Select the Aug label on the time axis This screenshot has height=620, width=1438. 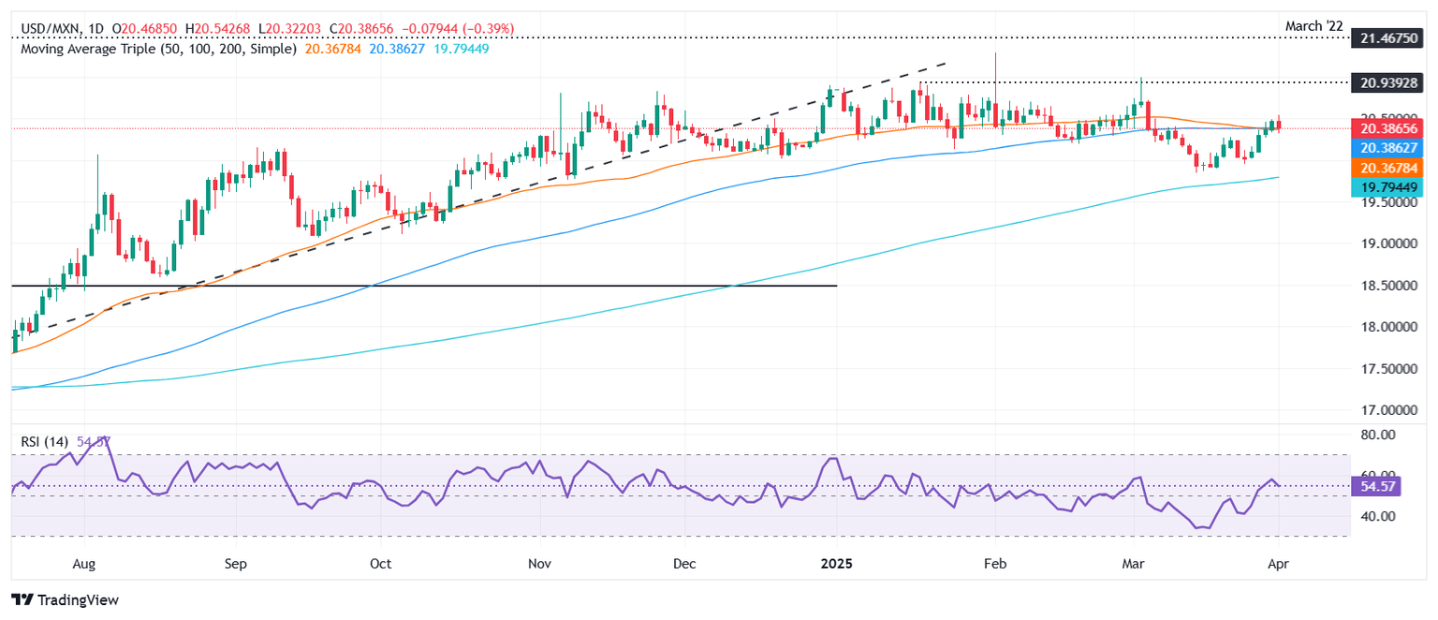(x=84, y=565)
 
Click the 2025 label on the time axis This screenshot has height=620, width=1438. (x=836, y=565)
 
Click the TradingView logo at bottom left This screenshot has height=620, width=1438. (x=65, y=599)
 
